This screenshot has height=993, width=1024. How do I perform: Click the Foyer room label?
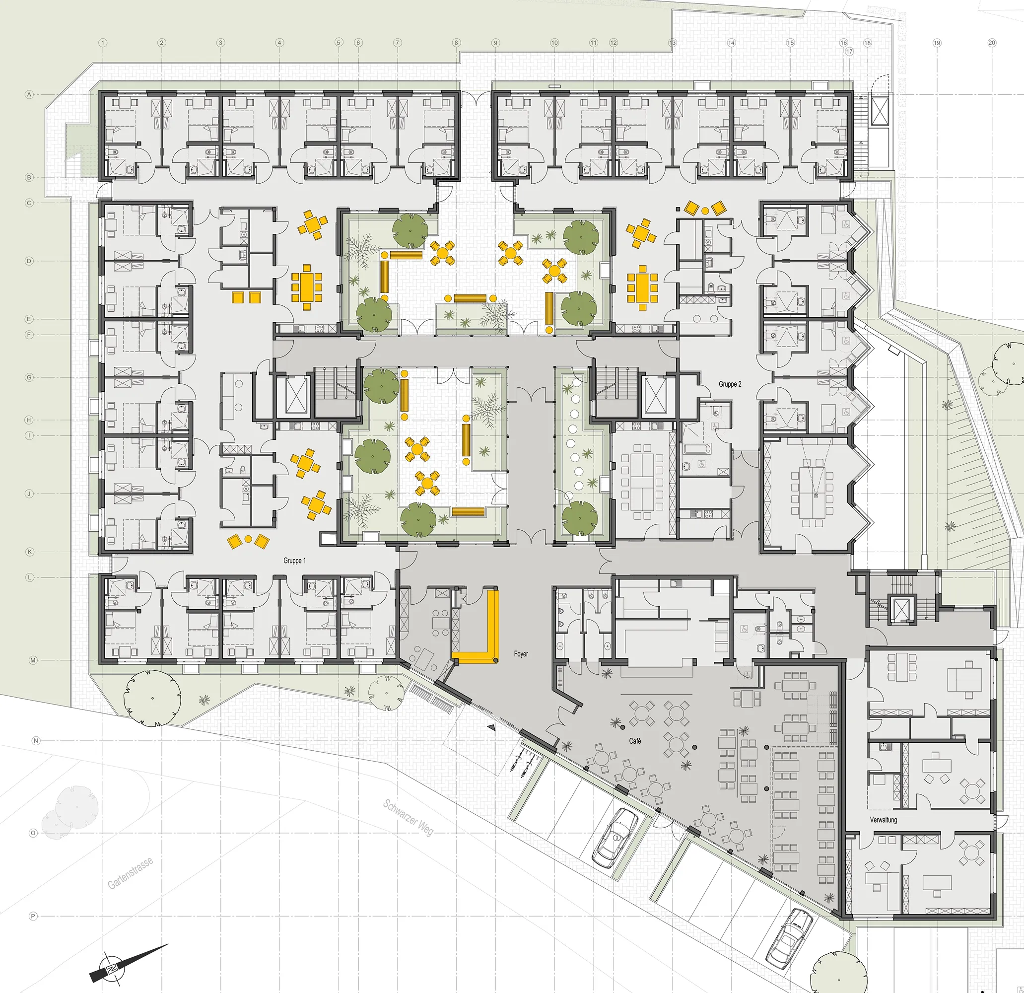click(x=521, y=654)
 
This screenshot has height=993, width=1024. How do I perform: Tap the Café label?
click(x=635, y=741)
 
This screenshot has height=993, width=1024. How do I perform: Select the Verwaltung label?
click(x=884, y=820)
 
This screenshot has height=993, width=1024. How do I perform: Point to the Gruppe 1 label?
click(x=295, y=561)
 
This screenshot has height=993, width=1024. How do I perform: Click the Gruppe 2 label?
click(x=730, y=384)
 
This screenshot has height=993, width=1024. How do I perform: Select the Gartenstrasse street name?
click(x=131, y=873)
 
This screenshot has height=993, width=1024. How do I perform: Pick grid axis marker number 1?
click(x=103, y=43)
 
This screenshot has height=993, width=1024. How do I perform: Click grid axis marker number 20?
click(x=992, y=43)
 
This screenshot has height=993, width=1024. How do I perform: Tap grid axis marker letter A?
click(x=29, y=95)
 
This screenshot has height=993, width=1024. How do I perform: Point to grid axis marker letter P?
click(x=33, y=917)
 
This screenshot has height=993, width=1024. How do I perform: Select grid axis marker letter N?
click(x=36, y=741)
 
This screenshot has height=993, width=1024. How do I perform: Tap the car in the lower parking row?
click(x=789, y=937)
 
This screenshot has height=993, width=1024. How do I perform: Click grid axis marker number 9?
click(x=495, y=43)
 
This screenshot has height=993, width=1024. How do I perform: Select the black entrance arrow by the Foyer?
click(x=491, y=727)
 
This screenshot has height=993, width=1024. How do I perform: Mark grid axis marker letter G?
click(x=29, y=377)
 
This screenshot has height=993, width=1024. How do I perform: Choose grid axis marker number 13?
click(x=672, y=43)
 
